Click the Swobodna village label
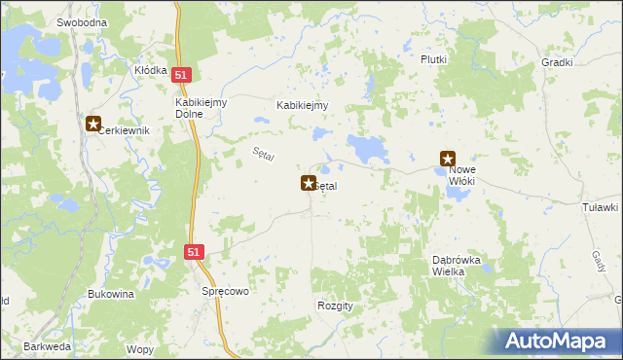coord(82,21)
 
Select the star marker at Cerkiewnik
coord(92,124)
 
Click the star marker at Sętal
coord(309,182)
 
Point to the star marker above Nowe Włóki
coord(448,158)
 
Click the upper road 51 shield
coord(182,74)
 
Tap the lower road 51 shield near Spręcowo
coord(194,251)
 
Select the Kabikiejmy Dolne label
coord(201,107)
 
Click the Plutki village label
coord(434,59)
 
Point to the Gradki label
coord(557,61)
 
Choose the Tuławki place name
coord(600,207)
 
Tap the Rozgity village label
coord(335,305)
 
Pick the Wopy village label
coord(139,348)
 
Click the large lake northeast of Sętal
coord(368,149)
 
